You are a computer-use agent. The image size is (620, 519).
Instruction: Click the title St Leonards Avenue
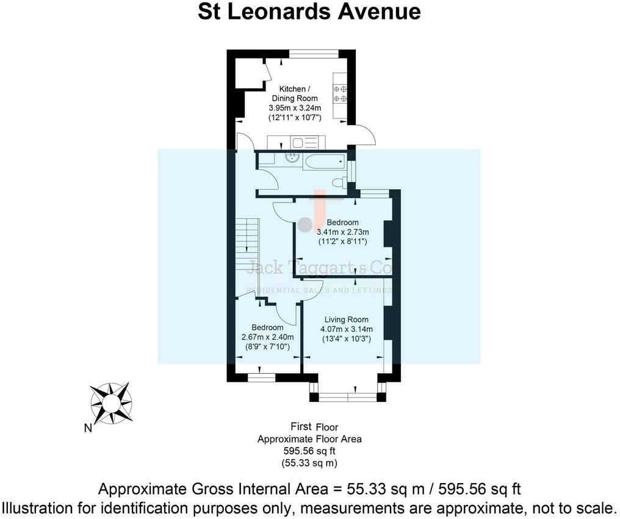tap(309, 12)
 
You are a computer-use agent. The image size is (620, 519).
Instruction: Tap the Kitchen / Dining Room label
tap(295, 93)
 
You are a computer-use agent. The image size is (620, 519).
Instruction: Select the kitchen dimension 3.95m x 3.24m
tap(295, 108)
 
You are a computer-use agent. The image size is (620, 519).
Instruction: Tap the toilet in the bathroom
tap(339, 182)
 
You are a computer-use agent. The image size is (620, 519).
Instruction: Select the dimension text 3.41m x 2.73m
tap(342, 232)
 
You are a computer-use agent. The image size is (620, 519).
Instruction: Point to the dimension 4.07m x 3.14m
tap(346, 329)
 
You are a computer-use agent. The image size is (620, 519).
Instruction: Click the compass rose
tap(110, 402)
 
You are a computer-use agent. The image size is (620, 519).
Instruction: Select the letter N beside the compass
tap(88, 428)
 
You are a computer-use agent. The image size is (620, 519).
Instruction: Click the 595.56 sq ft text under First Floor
tap(309, 451)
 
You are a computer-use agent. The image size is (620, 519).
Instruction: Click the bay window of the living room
tap(347, 397)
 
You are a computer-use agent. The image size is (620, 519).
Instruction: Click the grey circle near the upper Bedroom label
tap(304, 224)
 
